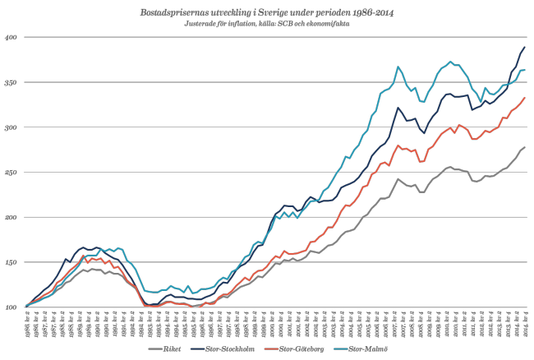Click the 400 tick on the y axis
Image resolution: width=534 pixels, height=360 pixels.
point(11,38)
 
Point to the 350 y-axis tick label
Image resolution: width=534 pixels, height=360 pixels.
point(11,83)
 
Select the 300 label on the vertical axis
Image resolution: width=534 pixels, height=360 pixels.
point(11,127)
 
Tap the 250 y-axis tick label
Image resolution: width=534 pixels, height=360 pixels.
point(11,173)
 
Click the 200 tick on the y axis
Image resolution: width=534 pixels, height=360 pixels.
point(11,217)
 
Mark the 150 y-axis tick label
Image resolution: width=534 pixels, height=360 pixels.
point(11,262)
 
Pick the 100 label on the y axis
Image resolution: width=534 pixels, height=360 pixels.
point(11,307)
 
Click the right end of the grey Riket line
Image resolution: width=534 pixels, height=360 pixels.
point(524,147)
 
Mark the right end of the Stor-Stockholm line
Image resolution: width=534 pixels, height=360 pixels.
point(524,47)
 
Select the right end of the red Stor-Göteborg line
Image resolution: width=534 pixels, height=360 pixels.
point(524,98)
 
